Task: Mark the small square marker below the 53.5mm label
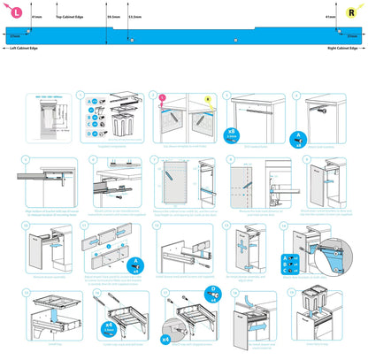point(133,39)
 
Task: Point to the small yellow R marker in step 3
point(208,99)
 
